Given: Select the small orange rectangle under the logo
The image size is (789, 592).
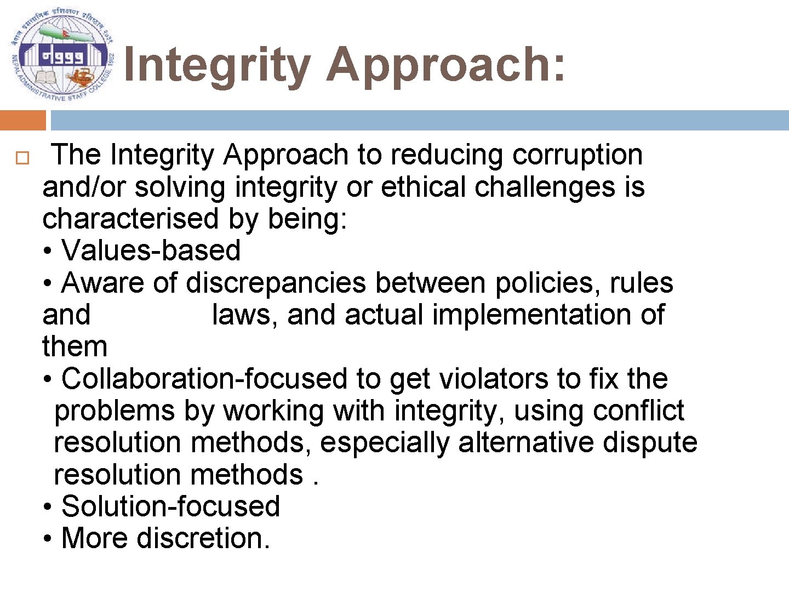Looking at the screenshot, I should tap(22, 120).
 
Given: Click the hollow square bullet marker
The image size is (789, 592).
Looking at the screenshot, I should tap(21, 159).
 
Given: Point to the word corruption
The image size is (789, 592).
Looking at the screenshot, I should tap(578, 155).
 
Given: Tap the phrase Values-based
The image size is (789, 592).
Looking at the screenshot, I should tap(151, 251).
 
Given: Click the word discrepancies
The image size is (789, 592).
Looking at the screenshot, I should tap(276, 283).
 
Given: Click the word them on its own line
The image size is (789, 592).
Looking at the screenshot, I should tap(75, 347).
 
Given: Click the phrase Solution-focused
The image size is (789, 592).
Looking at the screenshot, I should tap(170, 506).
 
